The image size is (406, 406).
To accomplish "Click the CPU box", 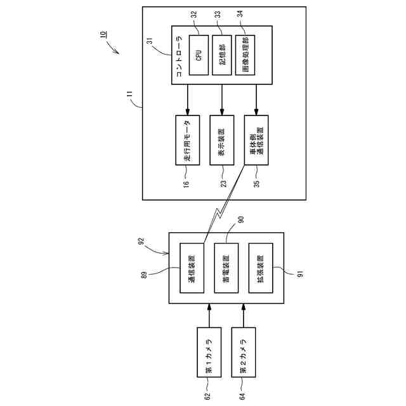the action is coord(199,55).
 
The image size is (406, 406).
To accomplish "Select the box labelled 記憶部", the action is coord(222,55).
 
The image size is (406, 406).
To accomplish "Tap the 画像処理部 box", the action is coord(245,55).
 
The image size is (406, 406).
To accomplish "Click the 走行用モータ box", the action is coord(188,140).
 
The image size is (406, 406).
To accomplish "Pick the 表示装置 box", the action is coord(222,140).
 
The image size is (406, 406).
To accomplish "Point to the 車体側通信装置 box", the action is coord(256,140).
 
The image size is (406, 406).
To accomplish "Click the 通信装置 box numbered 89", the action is coord(192,268).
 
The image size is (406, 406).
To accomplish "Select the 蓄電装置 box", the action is coord(226,268).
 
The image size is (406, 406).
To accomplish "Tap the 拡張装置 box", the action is coord(261,268).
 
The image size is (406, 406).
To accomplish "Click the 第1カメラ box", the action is coord(209,352).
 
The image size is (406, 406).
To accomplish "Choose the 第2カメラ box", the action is coord(244,352).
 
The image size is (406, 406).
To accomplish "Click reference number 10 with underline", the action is coord(103,35).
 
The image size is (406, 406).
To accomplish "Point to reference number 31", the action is coord(150,41).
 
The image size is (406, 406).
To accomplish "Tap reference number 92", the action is coord(141,242).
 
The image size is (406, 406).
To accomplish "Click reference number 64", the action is coord(242,396).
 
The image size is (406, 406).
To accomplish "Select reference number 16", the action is coord(187,183).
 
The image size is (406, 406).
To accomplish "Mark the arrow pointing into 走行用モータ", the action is coord(188,100).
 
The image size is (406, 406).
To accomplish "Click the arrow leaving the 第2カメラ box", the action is coord(244,315).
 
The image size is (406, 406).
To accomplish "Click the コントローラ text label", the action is coord(179,56).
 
